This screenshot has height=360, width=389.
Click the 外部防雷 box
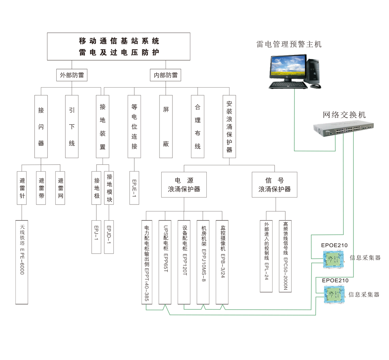coord(72,75)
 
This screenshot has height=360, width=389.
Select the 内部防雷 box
coord(166,75)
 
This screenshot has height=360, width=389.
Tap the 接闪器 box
coord(41,126)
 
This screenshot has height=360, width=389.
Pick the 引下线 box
coord(72,126)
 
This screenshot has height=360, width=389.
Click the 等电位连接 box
coord(134,126)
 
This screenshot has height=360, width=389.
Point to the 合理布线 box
coord(198,126)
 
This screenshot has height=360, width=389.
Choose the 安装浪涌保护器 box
coord(229,126)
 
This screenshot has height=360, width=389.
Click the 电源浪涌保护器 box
coord(184,185)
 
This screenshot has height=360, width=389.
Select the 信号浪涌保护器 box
coord(275,185)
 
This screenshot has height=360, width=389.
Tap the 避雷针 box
coord(22,188)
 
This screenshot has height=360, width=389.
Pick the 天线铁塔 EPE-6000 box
coord(22,262)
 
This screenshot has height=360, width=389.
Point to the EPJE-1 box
coord(134,188)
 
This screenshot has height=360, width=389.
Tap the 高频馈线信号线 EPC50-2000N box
coord(285,256)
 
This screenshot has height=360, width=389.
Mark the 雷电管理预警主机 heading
coord(289,44)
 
